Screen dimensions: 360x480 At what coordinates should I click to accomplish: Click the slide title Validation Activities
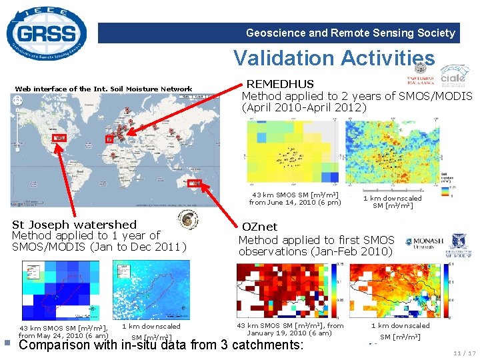point(333,58)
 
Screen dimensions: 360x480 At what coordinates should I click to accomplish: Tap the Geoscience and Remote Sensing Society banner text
point(350,33)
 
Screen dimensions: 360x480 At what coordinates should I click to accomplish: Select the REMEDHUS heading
point(280,84)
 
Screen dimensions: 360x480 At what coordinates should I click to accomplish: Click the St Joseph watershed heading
point(74,225)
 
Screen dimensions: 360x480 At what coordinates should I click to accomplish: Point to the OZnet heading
point(260,227)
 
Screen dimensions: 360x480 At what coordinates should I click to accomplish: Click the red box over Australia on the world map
point(195,182)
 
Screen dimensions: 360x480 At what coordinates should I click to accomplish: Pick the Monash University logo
point(423,243)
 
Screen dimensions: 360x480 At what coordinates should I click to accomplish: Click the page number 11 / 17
point(463,353)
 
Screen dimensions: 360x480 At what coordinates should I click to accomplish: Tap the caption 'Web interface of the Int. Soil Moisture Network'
point(103,89)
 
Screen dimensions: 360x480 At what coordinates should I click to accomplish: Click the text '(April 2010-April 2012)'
point(304,107)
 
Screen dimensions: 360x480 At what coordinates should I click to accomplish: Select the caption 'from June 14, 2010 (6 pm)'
point(295,202)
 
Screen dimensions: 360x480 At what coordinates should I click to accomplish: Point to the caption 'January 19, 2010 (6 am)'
point(289,333)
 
